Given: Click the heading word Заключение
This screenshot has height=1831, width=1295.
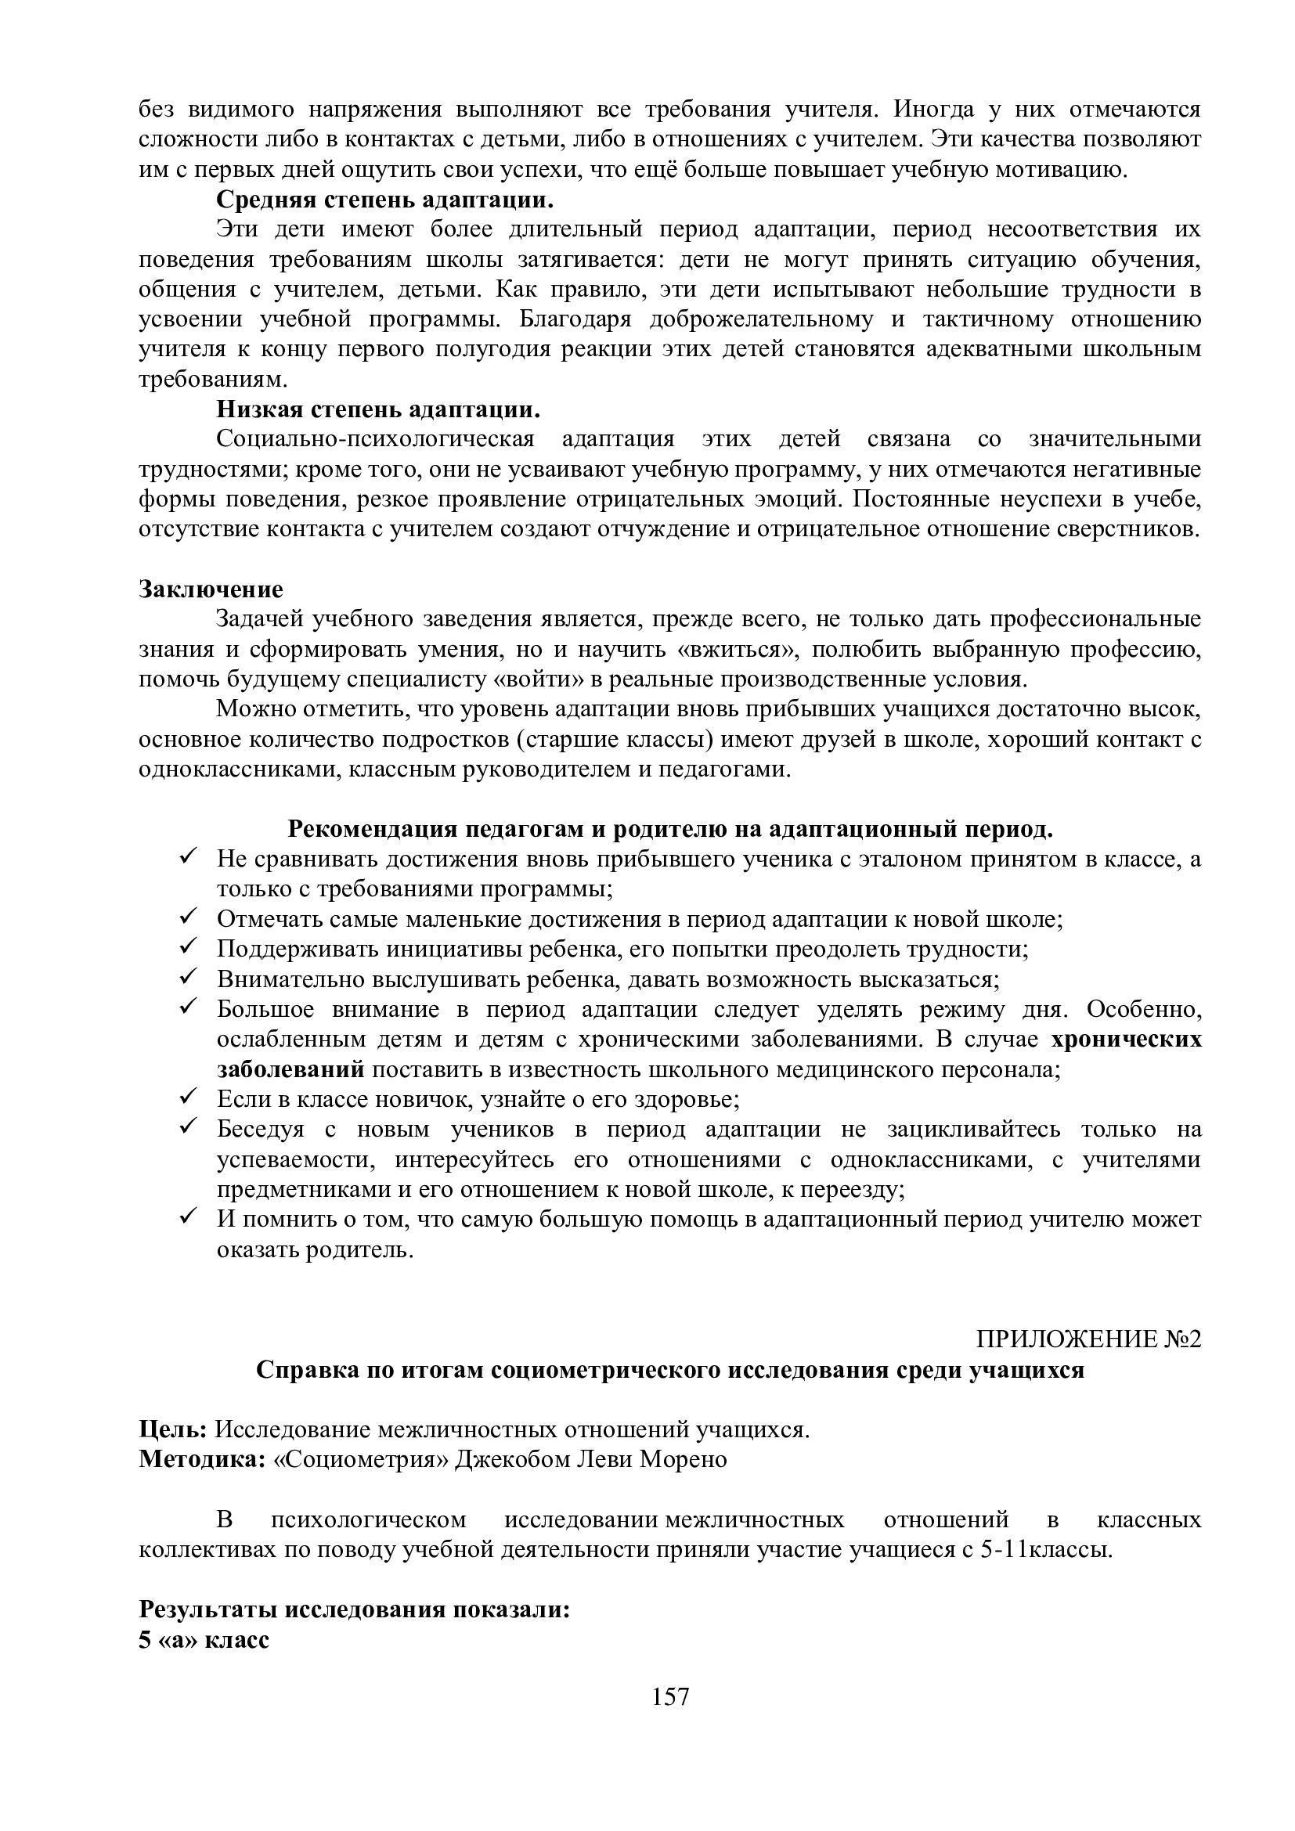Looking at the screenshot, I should [211, 589].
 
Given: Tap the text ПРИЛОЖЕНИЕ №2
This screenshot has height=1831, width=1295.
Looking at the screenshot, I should [1088, 1339].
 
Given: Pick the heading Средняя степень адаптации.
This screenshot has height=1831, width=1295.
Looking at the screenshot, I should [385, 199].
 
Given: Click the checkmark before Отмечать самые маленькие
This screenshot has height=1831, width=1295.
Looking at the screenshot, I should [188, 918].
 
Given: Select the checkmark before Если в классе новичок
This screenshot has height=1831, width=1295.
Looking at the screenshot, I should [188, 1098].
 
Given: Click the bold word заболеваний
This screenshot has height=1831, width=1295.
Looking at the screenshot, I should [290, 1069].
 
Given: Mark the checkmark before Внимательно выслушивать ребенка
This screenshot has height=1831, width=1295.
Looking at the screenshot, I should [188, 978].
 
